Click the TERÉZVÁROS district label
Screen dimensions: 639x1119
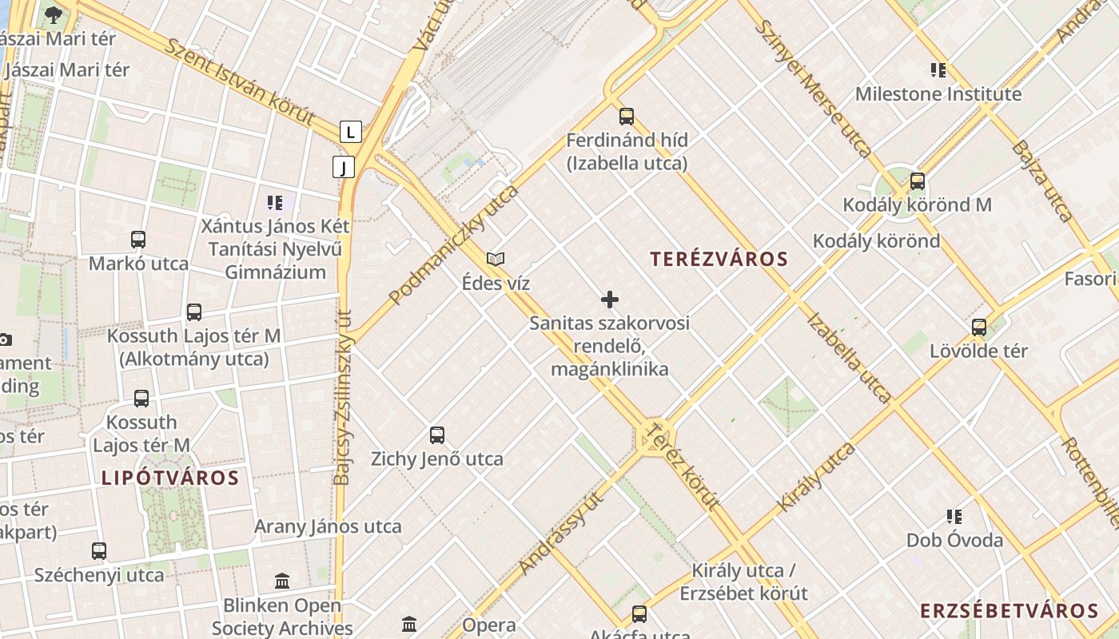click(719, 260)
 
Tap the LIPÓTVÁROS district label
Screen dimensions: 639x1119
click(170, 478)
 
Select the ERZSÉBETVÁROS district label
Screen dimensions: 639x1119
click(1009, 612)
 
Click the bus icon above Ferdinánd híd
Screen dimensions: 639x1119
click(627, 117)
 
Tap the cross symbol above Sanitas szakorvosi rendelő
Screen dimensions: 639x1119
click(610, 300)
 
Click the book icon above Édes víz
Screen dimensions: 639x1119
click(496, 259)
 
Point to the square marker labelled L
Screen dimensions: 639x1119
click(351, 132)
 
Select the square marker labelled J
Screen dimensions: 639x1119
click(344, 167)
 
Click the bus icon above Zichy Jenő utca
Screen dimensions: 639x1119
click(437, 435)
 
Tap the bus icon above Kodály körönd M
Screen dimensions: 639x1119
click(918, 181)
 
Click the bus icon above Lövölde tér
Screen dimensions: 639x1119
click(979, 327)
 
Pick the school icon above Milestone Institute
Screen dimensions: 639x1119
click(938, 70)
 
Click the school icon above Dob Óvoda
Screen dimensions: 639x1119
click(954, 517)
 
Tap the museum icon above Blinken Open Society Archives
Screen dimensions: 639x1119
click(282, 581)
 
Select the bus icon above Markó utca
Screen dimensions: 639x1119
click(138, 240)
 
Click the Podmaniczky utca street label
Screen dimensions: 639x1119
click(453, 245)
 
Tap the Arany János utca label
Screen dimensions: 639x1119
click(328, 527)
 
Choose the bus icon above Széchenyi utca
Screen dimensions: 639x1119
click(99, 551)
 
